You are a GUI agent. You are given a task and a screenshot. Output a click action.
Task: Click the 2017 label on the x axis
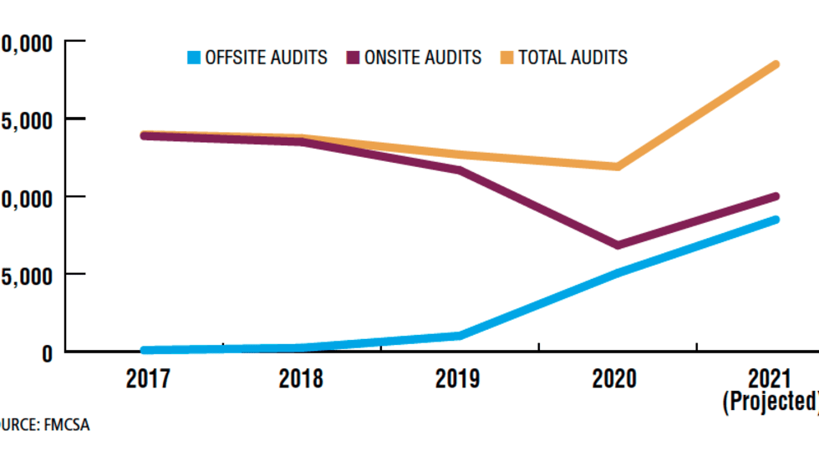(148, 378)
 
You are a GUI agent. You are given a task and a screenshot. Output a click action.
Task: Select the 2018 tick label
(301, 378)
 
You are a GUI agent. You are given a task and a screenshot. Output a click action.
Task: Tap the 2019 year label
(458, 378)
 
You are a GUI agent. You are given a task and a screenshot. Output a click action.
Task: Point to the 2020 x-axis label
(614, 378)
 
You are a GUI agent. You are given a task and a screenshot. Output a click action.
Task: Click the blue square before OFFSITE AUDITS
(195, 58)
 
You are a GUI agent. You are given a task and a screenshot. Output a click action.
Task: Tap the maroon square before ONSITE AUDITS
(353, 58)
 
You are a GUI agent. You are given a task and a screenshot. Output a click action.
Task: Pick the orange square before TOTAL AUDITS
(507, 58)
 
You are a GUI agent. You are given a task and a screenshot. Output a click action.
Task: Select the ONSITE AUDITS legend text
(423, 58)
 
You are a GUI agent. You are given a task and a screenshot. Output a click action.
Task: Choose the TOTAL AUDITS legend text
(572, 58)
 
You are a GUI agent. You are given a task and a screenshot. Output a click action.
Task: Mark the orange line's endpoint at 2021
(776, 65)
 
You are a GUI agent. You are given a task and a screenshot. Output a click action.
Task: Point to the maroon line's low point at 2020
(617, 245)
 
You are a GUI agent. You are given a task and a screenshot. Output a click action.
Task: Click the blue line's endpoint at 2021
(776, 220)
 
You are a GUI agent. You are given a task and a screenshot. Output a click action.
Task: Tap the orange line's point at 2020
(617, 166)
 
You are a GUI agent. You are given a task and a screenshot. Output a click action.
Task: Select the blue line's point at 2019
(458, 336)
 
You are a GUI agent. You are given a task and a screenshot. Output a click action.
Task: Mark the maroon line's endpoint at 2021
(776, 196)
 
